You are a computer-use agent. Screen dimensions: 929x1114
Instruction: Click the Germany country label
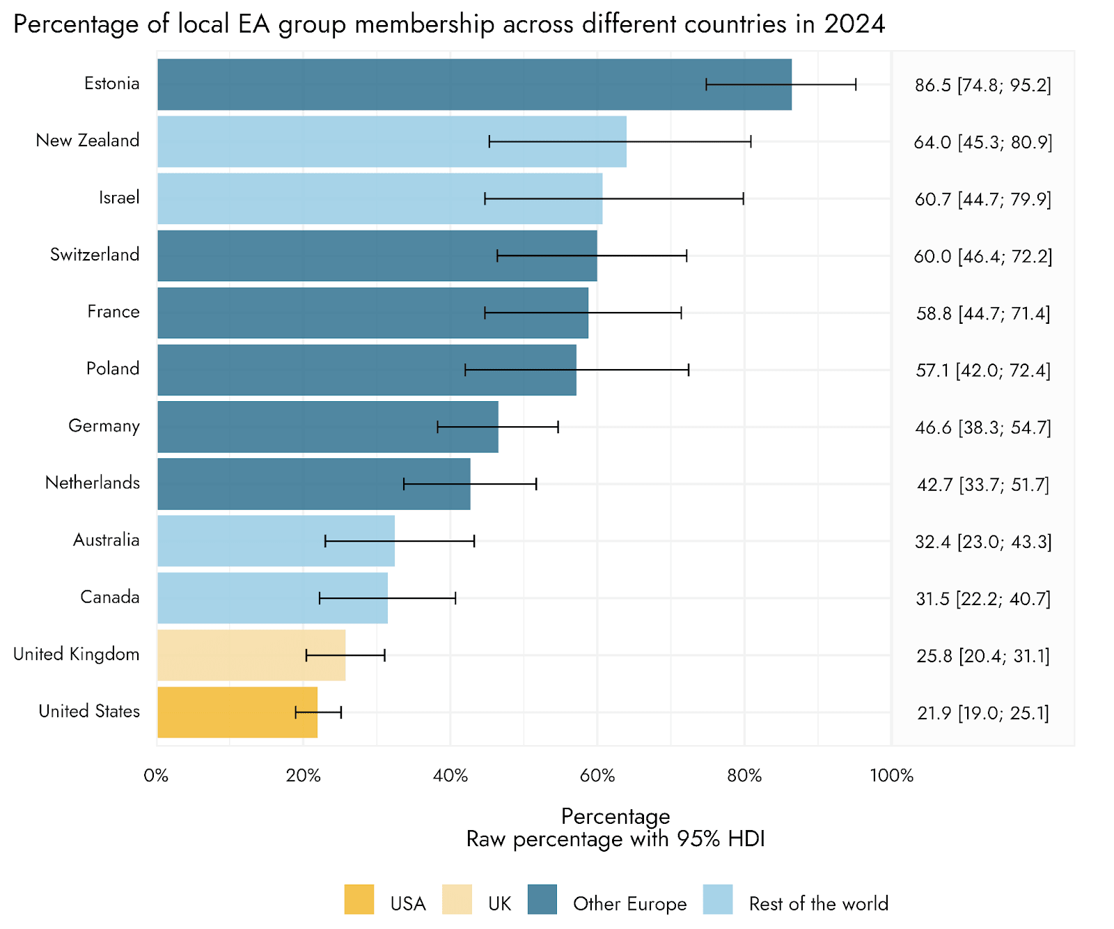[104, 426]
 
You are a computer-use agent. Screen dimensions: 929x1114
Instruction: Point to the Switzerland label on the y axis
[95, 254]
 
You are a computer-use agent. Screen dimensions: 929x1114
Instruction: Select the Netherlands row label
[93, 483]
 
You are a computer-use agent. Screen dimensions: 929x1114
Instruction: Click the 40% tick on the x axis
[450, 776]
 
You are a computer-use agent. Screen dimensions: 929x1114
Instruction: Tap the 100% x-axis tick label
[891, 776]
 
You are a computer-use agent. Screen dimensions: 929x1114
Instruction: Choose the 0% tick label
[157, 776]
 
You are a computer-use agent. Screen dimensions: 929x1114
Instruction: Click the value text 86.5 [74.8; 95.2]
[982, 85]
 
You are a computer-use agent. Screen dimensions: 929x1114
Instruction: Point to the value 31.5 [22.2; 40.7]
[982, 599]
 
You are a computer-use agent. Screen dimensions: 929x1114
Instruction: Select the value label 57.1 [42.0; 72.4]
[982, 370]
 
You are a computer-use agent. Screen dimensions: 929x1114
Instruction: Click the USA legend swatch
[359, 899]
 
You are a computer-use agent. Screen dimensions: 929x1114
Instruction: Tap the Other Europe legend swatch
[542, 899]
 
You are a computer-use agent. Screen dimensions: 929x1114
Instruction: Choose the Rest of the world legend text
[818, 904]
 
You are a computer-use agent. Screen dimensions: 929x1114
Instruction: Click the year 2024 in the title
[854, 24]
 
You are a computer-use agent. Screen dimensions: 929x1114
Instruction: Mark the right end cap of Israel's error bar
[743, 198]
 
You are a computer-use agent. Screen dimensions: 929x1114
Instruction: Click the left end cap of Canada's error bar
[320, 598]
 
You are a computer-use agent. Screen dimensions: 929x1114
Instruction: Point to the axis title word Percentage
[615, 816]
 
